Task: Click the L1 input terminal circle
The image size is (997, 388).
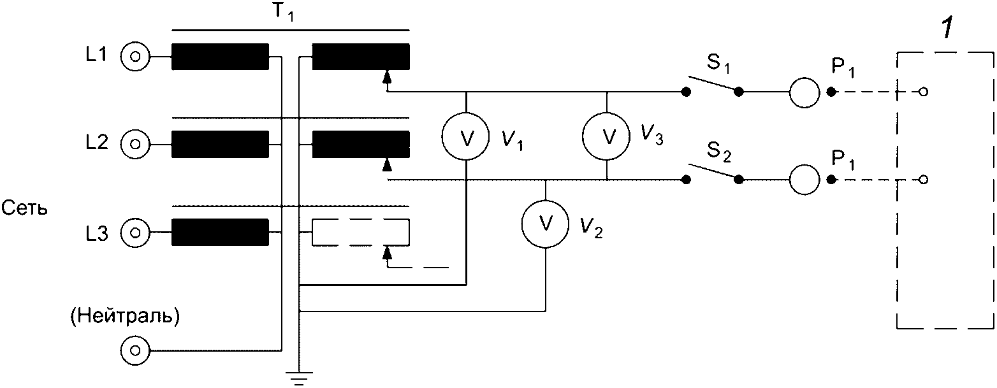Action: (x=135, y=57)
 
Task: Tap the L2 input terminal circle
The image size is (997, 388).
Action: (x=135, y=143)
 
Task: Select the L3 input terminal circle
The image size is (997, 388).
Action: (x=135, y=232)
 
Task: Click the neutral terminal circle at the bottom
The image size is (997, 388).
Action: (x=135, y=350)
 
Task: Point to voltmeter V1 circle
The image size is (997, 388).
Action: (x=465, y=138)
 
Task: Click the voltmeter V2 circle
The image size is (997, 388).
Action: (x=545, y=222)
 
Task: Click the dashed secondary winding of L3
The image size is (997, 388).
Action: (x=360, y=233)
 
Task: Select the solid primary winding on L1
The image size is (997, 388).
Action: (x=220, y=56)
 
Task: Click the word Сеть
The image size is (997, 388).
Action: (x=25, y=208)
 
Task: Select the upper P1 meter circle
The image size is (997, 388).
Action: (x=804, y=92)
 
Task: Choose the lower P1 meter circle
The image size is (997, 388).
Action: (x=804, y=180)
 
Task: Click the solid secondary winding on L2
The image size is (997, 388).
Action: (x=360, y=143)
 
